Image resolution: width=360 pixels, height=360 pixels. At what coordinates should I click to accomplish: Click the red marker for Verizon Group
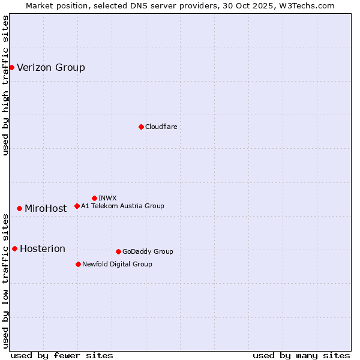[x=11, y=67]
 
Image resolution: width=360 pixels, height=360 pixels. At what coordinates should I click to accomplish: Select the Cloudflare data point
[x=141, y=127]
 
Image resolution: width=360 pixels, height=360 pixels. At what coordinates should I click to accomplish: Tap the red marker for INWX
[x=94, y=198]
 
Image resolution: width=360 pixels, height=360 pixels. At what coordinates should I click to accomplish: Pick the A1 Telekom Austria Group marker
[x=77, y=206]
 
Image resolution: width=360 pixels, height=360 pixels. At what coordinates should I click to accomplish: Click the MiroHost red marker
[x=19, y=208]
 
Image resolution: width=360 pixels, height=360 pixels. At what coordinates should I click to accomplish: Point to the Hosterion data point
[x=14, y=248]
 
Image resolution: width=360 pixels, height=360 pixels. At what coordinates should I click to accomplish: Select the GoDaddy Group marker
[x=118, y=251]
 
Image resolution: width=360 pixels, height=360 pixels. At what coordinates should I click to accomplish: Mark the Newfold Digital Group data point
[x=78, y=264]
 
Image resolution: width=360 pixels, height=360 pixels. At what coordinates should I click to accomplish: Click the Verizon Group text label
[x=51, y=67]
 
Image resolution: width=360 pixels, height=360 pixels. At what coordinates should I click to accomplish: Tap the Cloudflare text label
[x=161, y=127]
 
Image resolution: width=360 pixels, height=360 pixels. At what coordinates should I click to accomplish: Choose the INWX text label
[x=107, y=198]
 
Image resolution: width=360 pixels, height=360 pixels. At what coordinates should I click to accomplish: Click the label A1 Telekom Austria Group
[x=122, y=206]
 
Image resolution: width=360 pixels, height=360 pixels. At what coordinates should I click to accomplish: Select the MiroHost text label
[x=46, y=209]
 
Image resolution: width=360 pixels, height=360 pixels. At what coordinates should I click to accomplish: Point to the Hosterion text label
[x=43, y=249]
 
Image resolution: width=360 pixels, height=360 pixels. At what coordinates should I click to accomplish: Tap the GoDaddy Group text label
[x=148, y=251]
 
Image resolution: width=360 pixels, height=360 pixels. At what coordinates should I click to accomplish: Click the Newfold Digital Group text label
[x=117, y=264]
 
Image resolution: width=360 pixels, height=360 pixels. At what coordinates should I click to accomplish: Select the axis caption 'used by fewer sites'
[x=62, y=355]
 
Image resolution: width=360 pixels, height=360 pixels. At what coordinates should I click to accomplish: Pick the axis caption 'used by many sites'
[x=301, y=355]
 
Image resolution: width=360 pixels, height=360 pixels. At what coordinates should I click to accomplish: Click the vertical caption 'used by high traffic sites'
[x=5, y=86]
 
